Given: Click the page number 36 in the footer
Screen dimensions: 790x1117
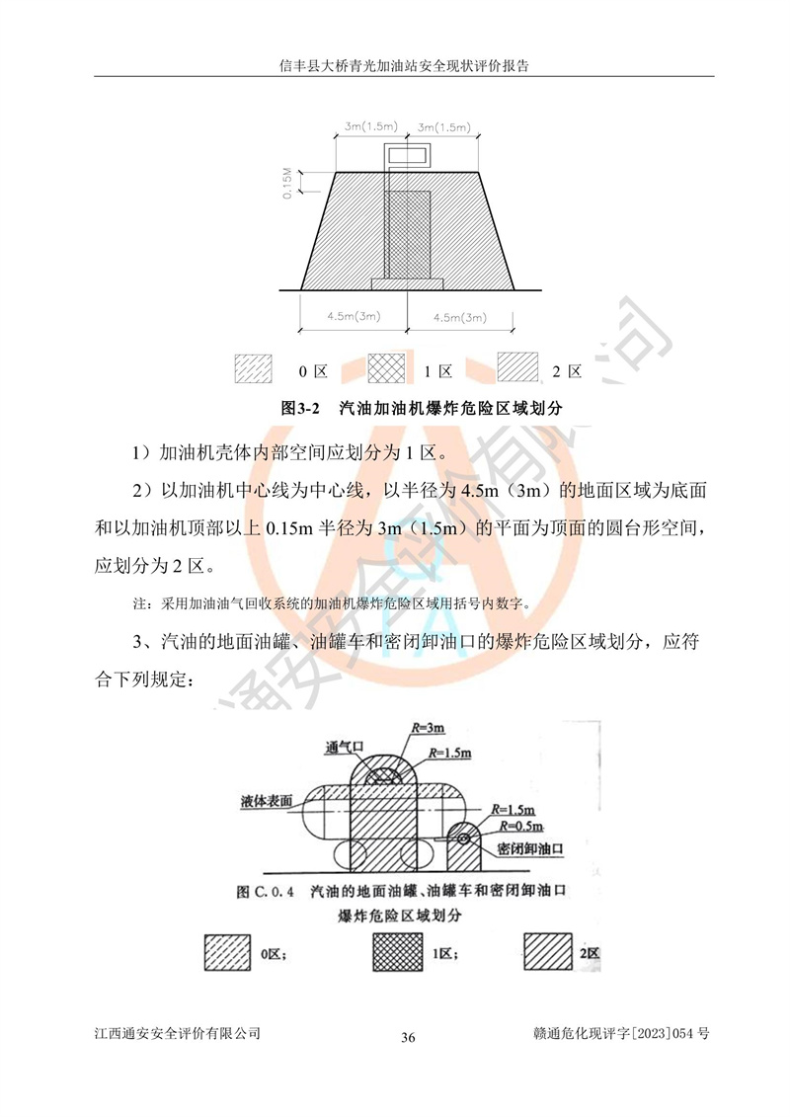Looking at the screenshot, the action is (x=408, y=1037).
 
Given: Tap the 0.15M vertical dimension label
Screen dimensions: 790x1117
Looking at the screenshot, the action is (x=287, y=183).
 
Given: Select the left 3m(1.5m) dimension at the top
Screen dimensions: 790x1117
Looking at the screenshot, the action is (x=370, y=126).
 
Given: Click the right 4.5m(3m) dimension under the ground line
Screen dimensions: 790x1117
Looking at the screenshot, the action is (x=459, y=318).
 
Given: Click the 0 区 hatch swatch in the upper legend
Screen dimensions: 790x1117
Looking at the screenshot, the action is (x=254, y=369).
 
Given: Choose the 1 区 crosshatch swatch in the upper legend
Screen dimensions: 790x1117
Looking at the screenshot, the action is (x=386, y=369).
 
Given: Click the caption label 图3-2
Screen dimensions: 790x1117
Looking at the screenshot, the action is (x=300, y=408).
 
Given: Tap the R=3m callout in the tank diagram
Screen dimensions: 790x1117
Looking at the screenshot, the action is (x=429, y=727).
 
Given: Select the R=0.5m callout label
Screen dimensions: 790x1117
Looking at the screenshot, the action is (x=521, y=826).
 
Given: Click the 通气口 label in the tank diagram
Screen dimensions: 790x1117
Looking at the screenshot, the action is (x=344, y=748).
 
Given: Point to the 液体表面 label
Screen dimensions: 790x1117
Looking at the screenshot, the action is (x=267, y=801).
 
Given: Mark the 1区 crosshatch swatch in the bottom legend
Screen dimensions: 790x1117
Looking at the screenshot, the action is (x=398, y=952).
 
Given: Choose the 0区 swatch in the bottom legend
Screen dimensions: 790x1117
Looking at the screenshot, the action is (x=227, y=952).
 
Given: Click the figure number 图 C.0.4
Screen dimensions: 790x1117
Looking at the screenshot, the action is (x=265, y=891).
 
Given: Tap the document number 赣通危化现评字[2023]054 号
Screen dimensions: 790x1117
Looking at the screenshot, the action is (x=621, y=1033).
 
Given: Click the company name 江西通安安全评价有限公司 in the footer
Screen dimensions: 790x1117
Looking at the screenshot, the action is (x=178, y=1033).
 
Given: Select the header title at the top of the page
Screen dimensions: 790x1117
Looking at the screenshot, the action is (x=404, y=66).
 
